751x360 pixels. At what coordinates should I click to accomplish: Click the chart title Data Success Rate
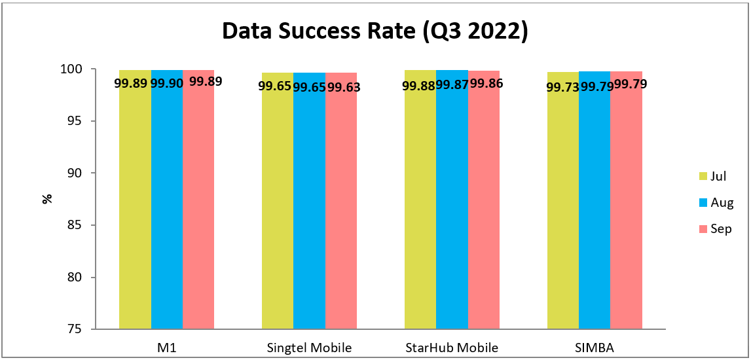[375, 31]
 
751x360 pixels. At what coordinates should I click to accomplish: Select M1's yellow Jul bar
[135, 209]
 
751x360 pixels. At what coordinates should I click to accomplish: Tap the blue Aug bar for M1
[167, 209]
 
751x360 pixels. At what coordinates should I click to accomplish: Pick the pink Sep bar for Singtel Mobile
[341, 209]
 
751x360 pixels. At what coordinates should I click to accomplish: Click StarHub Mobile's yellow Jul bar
[420, 209]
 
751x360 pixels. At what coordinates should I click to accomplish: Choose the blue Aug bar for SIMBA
[595, 209]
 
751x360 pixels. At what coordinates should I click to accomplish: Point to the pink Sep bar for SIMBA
[627, 209]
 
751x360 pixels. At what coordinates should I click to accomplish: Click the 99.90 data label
[167, 82]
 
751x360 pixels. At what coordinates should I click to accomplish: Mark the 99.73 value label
[563, 86]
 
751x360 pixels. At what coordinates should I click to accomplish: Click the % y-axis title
[47, 199]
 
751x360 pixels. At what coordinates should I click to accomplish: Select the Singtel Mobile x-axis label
[309, 348]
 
